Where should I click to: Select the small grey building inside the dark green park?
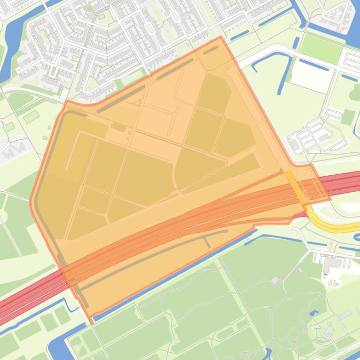pyautogui.click(x=275, y=281)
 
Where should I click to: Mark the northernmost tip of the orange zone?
pyautogui.click(x=220, y=37)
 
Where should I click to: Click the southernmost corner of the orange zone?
pyautogui.click(x=92, y=323)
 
